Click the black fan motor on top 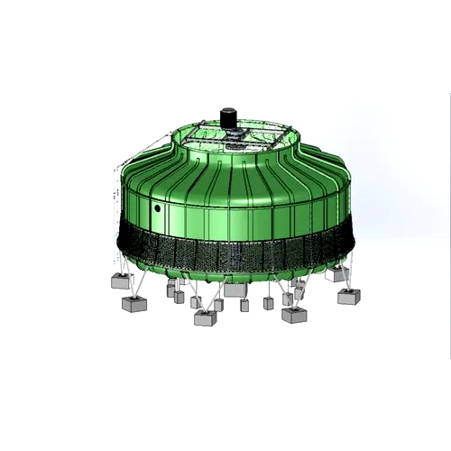coord(227,118)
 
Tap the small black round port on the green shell coord(157,207)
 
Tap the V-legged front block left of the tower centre coord(206,317)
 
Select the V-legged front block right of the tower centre coord(293,315)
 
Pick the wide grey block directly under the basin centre coord(235,290)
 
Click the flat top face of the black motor coord(227,111)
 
